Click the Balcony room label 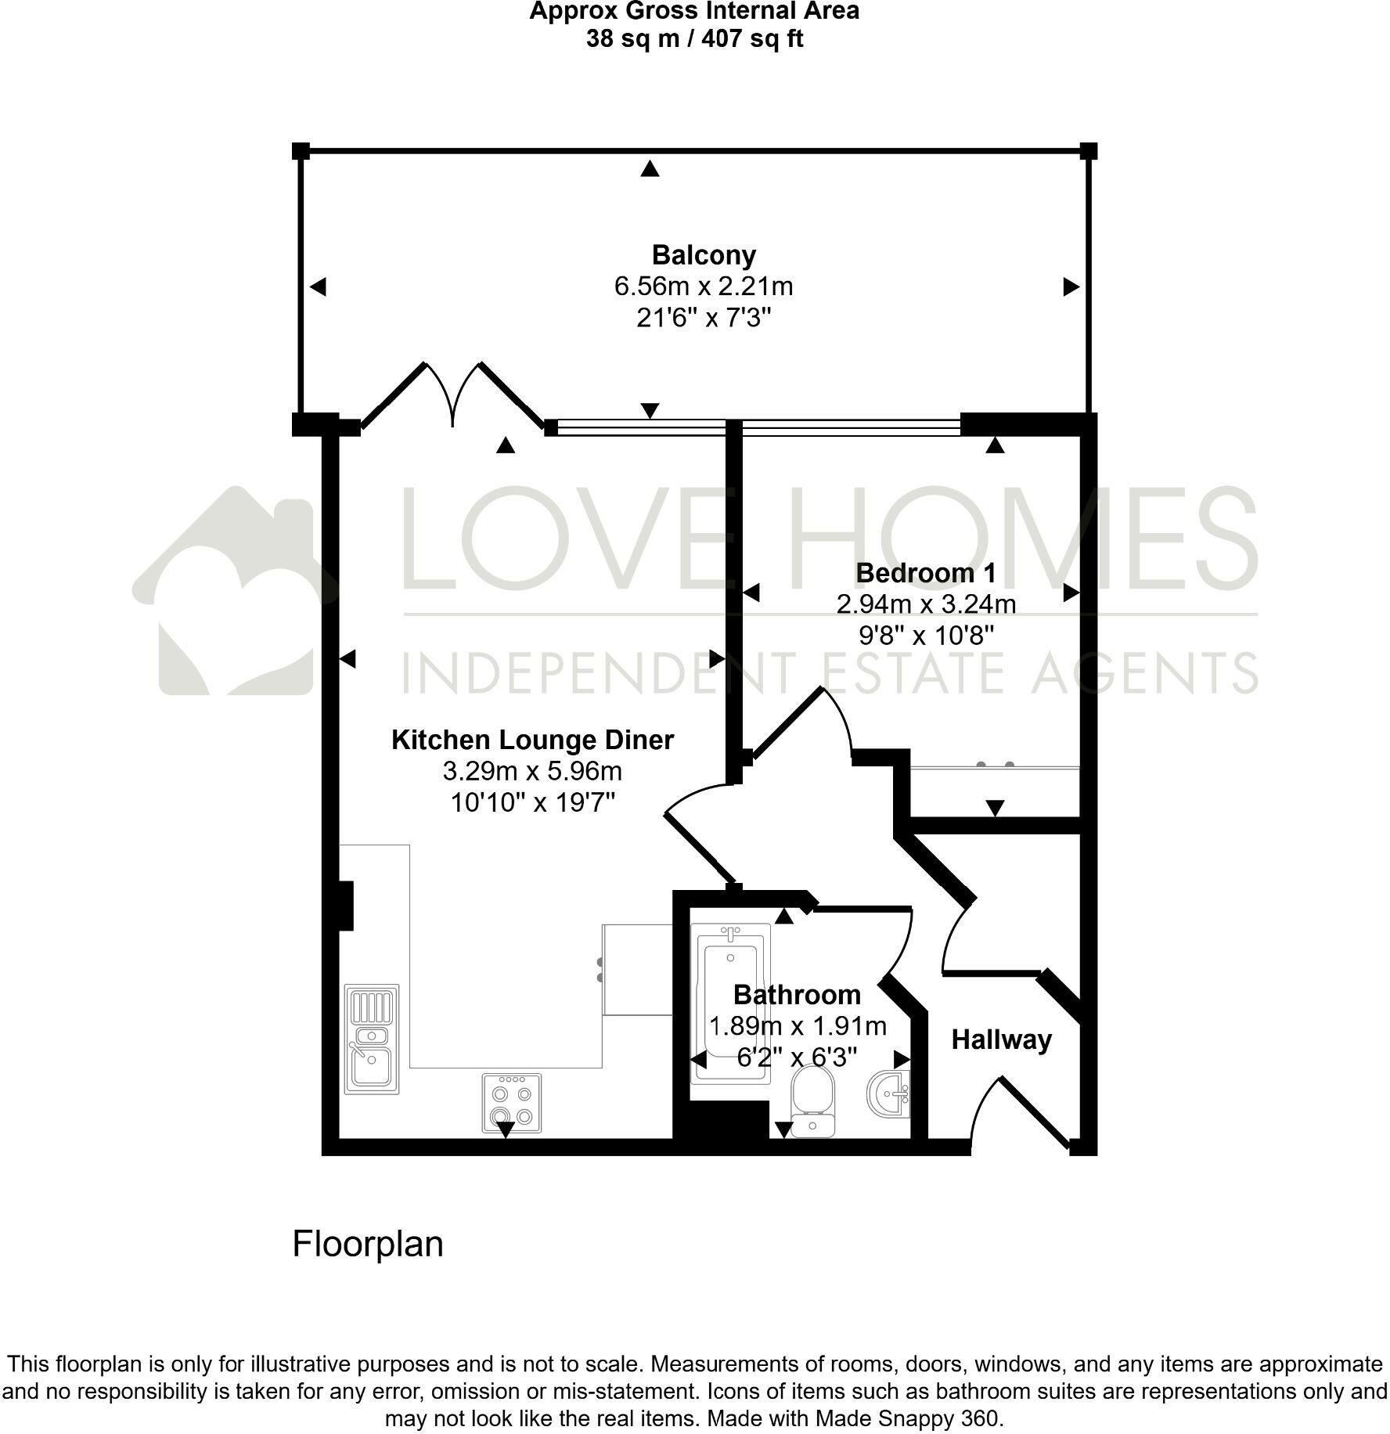click(704, 255)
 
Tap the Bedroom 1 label click(926, 573)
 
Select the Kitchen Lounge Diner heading click(532, 740)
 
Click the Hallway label click(1001, 1040)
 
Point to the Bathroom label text click(797, 995)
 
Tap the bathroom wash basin click(890, 1094)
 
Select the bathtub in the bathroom click(729, 1002)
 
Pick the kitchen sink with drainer click(372, 1039)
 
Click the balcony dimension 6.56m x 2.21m click(704, 286)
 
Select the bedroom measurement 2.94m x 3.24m click(926, 604)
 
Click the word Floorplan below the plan click(367, 1244)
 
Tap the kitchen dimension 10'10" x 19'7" click(532, 802)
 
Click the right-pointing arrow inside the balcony click(1071, 287)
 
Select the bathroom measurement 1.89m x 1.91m click(797, 1026)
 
